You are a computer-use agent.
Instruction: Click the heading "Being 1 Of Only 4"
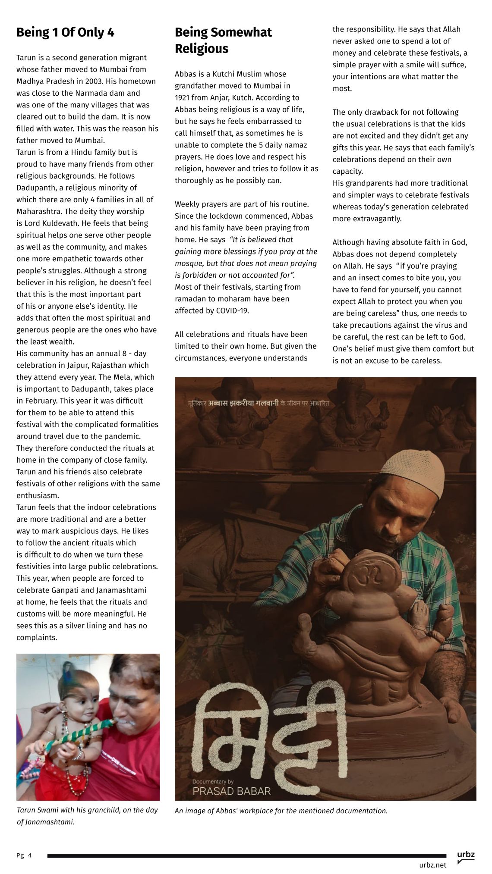pos(65,32)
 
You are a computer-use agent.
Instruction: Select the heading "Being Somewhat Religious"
pos(223,40)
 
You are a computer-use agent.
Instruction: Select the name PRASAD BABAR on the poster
pos(231,791)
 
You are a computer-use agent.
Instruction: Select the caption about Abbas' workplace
pos(281,811)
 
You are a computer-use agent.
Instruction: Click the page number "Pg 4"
pos(24,855)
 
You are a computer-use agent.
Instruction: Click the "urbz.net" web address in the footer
pos(432,865)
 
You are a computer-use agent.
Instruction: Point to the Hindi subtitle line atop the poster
pos(259,404)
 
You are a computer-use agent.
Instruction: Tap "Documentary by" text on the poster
pos(213,781)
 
